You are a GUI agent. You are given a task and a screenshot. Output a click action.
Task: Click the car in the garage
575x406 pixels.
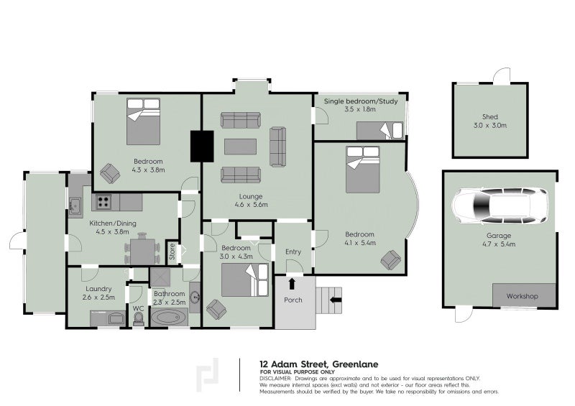click(x=500, y=206)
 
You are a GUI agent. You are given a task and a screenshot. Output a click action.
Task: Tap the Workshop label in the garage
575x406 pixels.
click(x=522, y=296)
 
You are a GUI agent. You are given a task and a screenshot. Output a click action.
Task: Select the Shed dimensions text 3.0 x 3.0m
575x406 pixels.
click(x=489, y=126)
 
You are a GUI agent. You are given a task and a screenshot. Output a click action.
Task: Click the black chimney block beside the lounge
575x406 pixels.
click(x=202, y=146)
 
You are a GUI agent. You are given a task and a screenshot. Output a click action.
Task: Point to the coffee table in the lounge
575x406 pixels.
click(x=240, y=147)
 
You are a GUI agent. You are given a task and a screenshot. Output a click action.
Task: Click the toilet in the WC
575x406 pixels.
click(x=138, y=319)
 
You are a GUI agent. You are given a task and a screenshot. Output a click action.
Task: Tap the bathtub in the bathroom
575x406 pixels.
click(x=169, y=317)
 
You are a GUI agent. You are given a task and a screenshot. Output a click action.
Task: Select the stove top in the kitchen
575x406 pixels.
click(x=103, y=202)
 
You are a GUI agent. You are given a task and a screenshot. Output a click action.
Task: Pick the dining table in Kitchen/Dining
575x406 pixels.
click(x=143, y=252)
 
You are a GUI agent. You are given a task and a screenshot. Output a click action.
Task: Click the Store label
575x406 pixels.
click(x=172, y=252)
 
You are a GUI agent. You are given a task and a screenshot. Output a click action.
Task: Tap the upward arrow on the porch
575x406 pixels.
click(x=292, y=284)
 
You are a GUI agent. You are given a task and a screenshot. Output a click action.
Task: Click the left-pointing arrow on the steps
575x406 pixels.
click(x=336, y=300)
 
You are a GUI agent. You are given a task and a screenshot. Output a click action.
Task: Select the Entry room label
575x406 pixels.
click(x=293, y=252)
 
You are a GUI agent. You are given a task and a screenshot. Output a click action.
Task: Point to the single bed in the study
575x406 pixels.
click(x=379, y=131)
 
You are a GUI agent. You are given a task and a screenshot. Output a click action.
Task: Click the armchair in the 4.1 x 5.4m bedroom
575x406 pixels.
click(x=390, y=259)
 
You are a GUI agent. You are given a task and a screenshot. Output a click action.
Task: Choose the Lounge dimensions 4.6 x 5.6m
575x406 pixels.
click(x=251, y=205)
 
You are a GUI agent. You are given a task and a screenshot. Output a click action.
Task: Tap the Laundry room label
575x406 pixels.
click(x=98, y=289)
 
